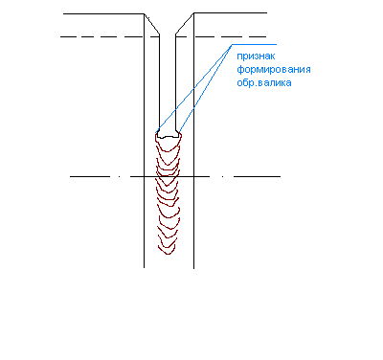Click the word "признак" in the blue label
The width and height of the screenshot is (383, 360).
click(256, 56)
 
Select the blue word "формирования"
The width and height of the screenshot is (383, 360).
click(274, 70)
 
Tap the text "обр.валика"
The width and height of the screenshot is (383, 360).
click(264, 83)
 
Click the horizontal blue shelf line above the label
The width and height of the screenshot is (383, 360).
click(254, 44)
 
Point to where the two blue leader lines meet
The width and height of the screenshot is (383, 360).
click(232, 45)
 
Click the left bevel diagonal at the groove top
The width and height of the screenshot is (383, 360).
click(151, 24)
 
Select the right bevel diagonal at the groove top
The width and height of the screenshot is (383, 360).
click(185, 23)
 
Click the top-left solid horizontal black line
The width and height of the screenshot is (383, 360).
click(103, 13)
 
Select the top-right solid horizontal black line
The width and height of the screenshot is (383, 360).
click(230, 13)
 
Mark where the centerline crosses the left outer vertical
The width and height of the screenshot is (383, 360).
click(144, 176)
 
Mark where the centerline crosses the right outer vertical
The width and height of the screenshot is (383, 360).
click(193, 176)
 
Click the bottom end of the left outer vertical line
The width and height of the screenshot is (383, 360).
click(144, 267)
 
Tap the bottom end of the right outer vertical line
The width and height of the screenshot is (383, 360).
click(193, 268)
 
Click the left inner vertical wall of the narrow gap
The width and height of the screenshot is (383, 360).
click(159, 81)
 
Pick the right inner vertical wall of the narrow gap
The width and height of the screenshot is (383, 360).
click(175, 81)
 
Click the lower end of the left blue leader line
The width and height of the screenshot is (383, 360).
click(156, 133)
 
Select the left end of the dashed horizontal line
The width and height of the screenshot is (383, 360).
click(60, 37)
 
